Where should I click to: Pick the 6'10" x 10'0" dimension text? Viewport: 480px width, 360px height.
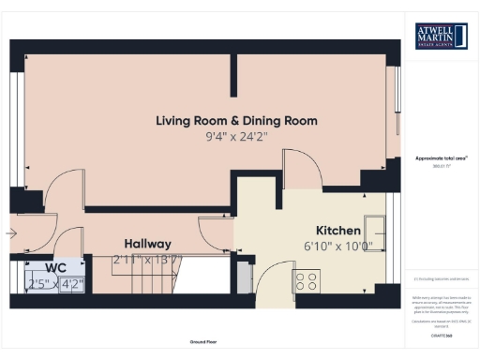(338, 247)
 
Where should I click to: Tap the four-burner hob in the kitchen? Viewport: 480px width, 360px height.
(307, 279)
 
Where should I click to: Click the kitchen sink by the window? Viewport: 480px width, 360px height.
(378, 226)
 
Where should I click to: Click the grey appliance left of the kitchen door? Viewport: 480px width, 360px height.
(243, 278)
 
